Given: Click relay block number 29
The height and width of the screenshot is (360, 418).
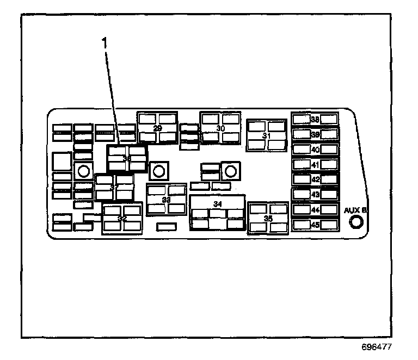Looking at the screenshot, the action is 157,128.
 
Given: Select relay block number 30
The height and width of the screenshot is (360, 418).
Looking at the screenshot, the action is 220,128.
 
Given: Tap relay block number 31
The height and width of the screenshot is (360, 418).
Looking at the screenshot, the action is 267,135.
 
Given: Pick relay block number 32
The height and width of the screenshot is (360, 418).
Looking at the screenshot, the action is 122,218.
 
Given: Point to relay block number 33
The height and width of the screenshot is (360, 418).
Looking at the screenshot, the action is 167,200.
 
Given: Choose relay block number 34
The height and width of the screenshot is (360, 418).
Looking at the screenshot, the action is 218,212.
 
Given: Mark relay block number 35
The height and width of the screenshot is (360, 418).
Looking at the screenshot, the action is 268,218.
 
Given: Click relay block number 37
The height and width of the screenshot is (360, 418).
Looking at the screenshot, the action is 114,187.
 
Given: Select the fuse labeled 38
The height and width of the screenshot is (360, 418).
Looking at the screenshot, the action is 315,120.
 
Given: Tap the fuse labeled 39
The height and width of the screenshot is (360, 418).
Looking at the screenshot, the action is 315,134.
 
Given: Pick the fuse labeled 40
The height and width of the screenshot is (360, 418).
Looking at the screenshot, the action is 315,149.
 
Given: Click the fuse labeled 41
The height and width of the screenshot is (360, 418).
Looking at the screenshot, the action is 315,164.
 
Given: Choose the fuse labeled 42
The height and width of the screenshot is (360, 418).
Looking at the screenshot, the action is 315,179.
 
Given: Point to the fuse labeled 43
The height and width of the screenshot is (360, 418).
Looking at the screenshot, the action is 315,194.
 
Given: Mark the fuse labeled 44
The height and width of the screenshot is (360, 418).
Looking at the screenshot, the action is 315,209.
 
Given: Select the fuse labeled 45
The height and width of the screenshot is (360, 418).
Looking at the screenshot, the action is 315,224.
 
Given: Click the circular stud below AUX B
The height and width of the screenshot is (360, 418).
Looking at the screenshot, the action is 356,222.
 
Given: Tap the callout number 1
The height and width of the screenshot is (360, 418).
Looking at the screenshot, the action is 105,42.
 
